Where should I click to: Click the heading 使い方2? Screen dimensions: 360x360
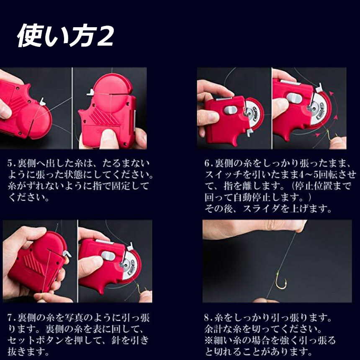click(66, 36)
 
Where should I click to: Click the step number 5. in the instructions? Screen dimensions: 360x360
click(11, 163)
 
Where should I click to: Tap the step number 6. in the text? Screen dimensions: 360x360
click(208, 163)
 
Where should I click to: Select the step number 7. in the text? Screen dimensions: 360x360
click(11, 318)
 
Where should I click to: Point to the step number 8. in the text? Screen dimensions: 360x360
click(208, 318)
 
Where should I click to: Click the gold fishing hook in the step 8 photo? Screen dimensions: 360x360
click(281, 280)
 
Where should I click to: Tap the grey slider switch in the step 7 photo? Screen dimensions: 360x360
click(108, 256)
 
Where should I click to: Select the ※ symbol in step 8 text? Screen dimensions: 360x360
click(209, 340)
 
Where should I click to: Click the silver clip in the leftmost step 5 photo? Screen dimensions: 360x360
click(42, 102)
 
